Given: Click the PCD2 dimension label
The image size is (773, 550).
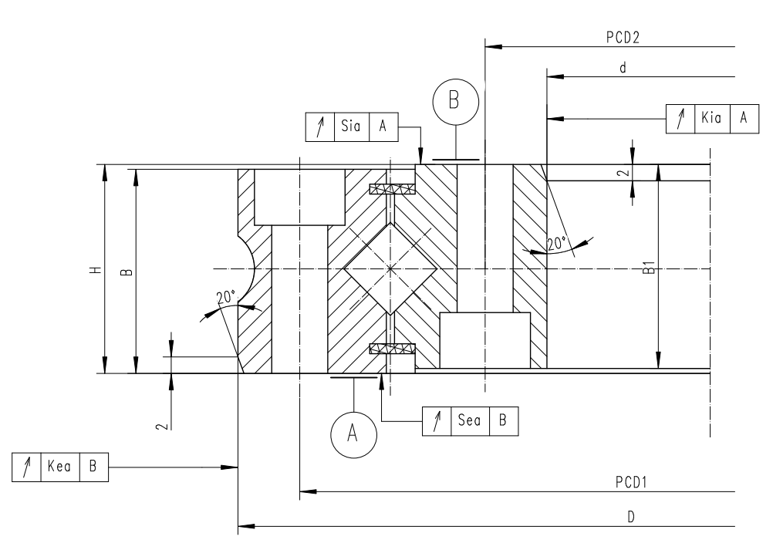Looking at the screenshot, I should pyautogui.click(x=626, y=35).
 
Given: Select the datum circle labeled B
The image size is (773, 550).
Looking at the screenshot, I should pyautogui.click(x=455, y=101).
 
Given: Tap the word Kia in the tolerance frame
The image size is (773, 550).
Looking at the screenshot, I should pyautogui.click(x=712, y=117).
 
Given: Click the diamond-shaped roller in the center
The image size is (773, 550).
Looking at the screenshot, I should pyautogui.click(x=391, y=268).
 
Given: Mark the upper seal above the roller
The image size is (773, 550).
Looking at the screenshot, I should pyautogui.click(x=392, y=189).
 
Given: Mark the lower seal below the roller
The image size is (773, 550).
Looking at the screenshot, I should pyautogui.click(x=392, y=349).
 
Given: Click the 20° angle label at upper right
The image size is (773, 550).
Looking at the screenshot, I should pyautogui.click(x=557, y=242).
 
